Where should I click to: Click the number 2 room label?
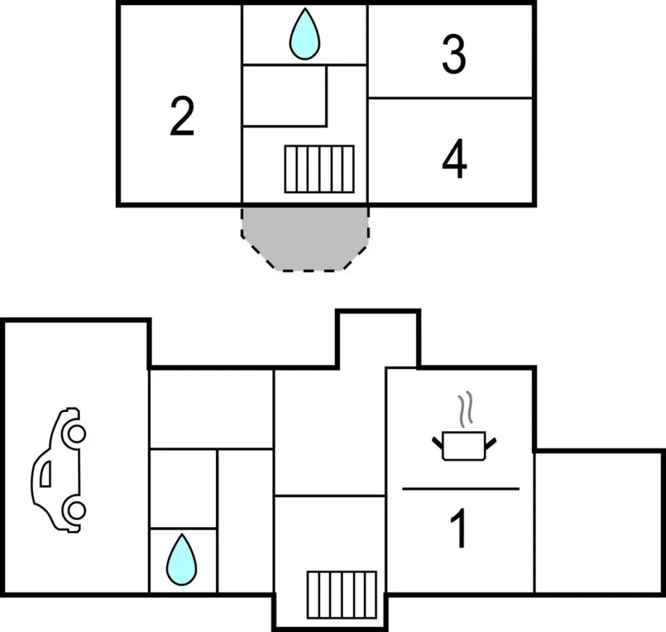pyautogui.click(x=182, y=117)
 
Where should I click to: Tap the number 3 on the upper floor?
pyautogui.click(x=454, y=55)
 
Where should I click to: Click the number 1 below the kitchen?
pyautogui.click(x=461, y=528)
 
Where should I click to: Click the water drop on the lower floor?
pyautogui.click(x=181, y=559)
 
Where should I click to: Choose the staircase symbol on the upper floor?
pyautogui.click(x=319, y=169)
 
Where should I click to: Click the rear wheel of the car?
pyautogui.click(x=75, y=510)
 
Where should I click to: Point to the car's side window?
pyautogui.click(x=45, y=473)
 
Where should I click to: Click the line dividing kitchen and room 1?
pyautogui.click(x=461, y=488)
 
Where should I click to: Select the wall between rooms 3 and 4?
pyautogui.click(x=450, y=98)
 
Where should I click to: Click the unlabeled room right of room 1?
pyautogui.click(x=599, y=521)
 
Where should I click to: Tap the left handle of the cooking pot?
pyautogui.click(x=437, y=440)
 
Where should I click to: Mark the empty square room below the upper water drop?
pyautogui.click(x=284, y=95)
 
